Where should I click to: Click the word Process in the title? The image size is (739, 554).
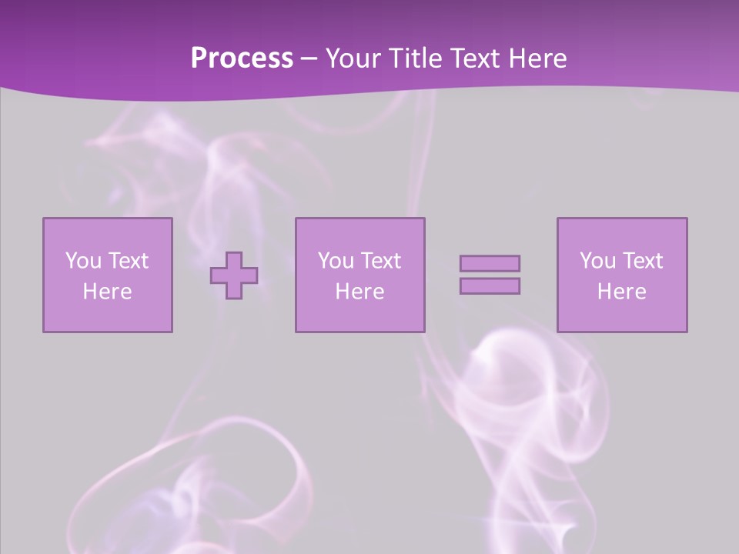242,58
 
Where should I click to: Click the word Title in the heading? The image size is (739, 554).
412,58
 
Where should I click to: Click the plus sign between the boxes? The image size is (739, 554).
234,275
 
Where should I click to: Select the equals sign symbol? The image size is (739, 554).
490,275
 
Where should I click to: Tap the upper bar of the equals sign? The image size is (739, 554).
490,263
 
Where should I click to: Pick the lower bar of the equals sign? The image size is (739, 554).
490,285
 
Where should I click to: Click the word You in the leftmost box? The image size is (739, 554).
83,261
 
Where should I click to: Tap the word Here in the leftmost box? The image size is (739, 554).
107,292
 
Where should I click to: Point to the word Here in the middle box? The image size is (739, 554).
359,292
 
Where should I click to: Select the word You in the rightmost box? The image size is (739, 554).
597,261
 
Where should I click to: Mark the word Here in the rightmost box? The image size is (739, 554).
622,292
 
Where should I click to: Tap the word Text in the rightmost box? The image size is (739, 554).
644,261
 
